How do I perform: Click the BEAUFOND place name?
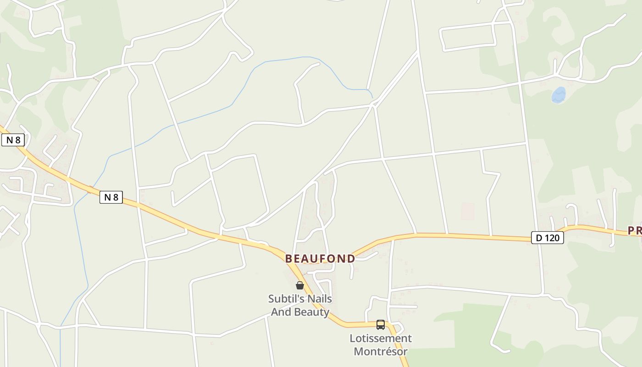pyautogui.click(x=320, y=259)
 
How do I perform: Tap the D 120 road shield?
pyautogui.click(x=547, y=238)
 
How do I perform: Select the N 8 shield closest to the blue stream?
pyautogui.click(x=111, y=197)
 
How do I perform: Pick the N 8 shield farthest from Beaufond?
pyautogui.click(x=13, y=140)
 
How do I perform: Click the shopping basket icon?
pyautogui.click(x=299, y=285)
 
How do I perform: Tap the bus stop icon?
pyautogui.click(x=380, y=325)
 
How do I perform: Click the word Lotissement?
pyautogui.click(x=381, y=339)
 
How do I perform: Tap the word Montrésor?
pyautogui.click(x=381, y=352)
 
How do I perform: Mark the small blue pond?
pyautogui.click(x=559, y=95)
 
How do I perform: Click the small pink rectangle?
pyautogui.click(x=468, y=211)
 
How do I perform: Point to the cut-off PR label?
pyautogui.click(x=635, y=231)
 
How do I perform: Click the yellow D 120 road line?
pyautogui.click(x=459, y=236)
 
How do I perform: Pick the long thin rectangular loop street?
pyautogui.click(x=468, y=37)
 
